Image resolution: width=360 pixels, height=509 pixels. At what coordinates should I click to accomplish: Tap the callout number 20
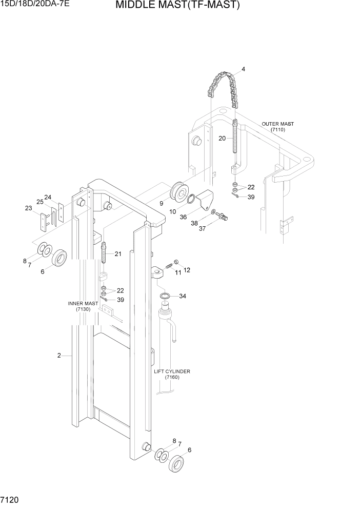[222, 138]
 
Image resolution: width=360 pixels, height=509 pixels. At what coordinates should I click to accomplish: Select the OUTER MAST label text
[278, 124]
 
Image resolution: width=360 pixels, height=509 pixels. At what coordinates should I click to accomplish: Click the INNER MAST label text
[83, 303]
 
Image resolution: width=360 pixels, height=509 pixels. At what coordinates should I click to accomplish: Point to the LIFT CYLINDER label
[172, 371]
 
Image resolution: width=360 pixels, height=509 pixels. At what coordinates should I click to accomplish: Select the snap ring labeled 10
[190, 200]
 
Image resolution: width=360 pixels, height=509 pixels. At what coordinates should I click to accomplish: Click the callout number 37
[202, 229]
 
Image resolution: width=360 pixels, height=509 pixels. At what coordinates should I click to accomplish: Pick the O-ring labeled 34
[166, 297]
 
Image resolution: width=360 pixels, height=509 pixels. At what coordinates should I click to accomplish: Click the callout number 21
[118, 254]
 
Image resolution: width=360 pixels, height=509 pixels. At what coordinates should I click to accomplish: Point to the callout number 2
[59, 355]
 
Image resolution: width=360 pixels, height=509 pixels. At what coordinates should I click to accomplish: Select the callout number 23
[28, 208]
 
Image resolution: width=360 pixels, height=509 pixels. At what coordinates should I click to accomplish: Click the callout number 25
[39, 202]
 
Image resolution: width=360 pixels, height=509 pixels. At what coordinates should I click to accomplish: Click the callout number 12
[187, 270]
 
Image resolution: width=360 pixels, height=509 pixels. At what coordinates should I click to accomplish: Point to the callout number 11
[178, 273]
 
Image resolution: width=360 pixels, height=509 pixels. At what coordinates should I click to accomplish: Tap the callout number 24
[48, 197]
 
